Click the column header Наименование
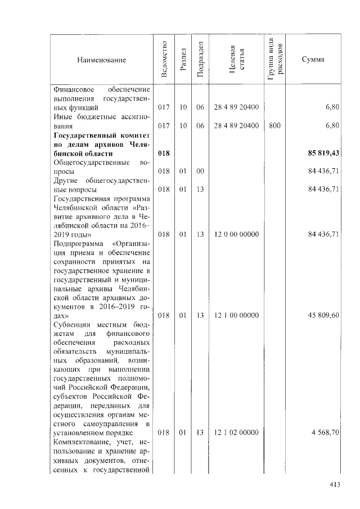click(x=102, y=60)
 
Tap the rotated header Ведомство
click(x=164, y=60)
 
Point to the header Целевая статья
click(x=236, y=60)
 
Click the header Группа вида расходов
click(x=275, y=60)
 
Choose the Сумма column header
click(x=312, y=60)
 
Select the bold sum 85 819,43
click(x=323, y=154)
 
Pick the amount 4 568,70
click(x=325, y=433)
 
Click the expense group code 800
click(x=274, y=126)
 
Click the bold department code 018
click(x=164, y=154)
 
